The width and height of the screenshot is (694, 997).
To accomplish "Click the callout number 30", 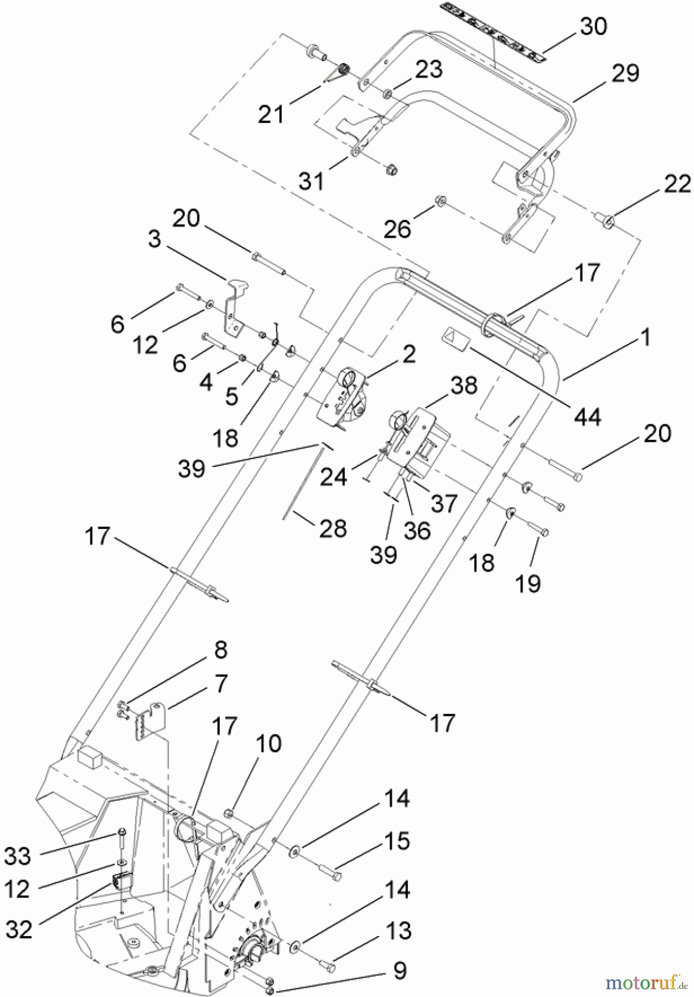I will pos(593,26).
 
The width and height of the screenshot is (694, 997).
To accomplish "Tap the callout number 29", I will pos(625,73).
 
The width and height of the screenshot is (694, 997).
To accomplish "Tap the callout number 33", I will pos(18,856).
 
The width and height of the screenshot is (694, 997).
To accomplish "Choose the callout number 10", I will pos(268,743).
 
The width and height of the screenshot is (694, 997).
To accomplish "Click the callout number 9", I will pos(400,970).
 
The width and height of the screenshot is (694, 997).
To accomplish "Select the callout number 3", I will pos(154,239).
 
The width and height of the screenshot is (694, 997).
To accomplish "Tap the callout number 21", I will pos(271,114).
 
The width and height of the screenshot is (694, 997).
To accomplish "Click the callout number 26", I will pos(397,228).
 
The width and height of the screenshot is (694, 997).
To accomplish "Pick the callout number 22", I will pos(677,184).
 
